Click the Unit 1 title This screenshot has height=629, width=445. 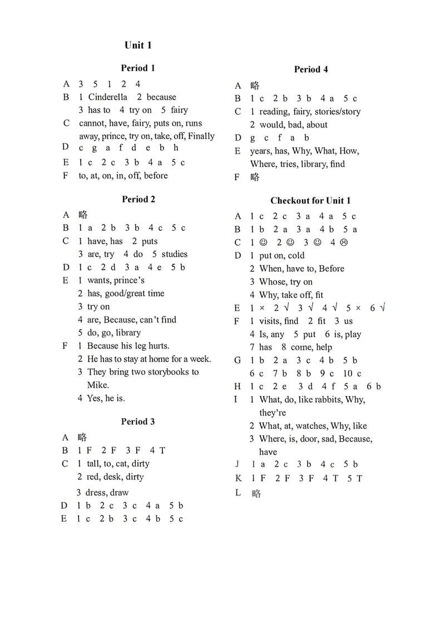coord(138,46)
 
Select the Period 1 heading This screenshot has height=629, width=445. coord(138,68)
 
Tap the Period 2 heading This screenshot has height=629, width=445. coord(138,199)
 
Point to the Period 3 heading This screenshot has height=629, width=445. coord(138,422)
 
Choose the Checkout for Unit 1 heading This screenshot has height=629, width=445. coord(310,201)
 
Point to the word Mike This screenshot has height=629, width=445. coord(98,385)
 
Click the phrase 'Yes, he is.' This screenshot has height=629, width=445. coord(106,398)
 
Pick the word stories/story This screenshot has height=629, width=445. coord(337,112)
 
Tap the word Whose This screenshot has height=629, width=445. coord(271,282)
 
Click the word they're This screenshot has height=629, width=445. coord(273,413)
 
